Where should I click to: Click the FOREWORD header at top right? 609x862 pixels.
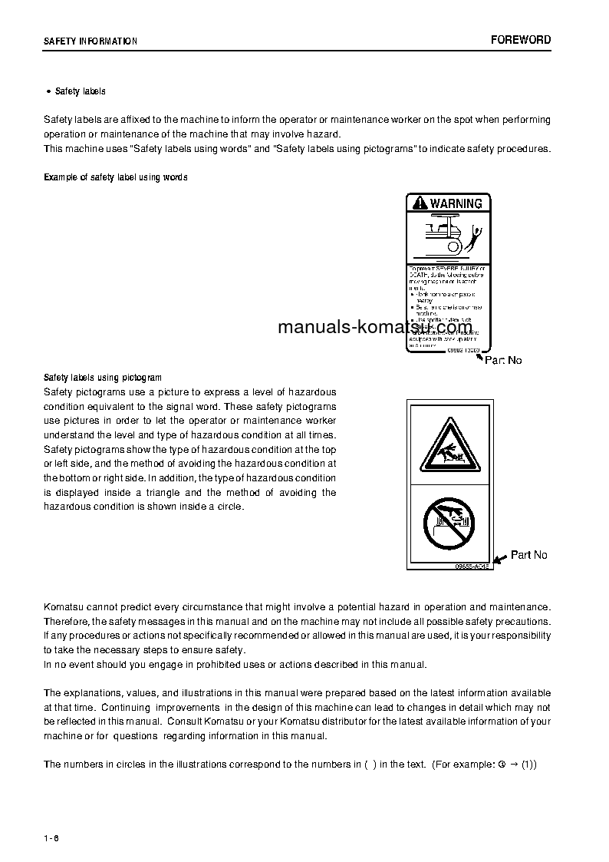point(521,40)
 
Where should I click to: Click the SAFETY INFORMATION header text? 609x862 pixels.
point(91,41)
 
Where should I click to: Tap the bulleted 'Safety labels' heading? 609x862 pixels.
point(80,91)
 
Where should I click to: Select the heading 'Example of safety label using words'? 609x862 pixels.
point(115,177)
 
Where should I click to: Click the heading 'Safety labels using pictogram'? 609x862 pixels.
point(103,378)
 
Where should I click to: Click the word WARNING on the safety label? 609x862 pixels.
point(456,203)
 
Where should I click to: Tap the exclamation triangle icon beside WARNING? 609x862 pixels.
point(419,203)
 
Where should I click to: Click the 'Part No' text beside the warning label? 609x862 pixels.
point(503,360)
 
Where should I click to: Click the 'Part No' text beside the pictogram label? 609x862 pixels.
point(529,555)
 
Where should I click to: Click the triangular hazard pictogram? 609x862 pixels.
point(449,448)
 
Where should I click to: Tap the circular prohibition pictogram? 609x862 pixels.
point(449,523)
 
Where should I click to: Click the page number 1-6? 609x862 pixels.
point(51,837)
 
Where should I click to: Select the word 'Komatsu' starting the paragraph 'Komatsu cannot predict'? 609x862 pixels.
point(64,606)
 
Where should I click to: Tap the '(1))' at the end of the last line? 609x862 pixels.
point(528,765)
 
